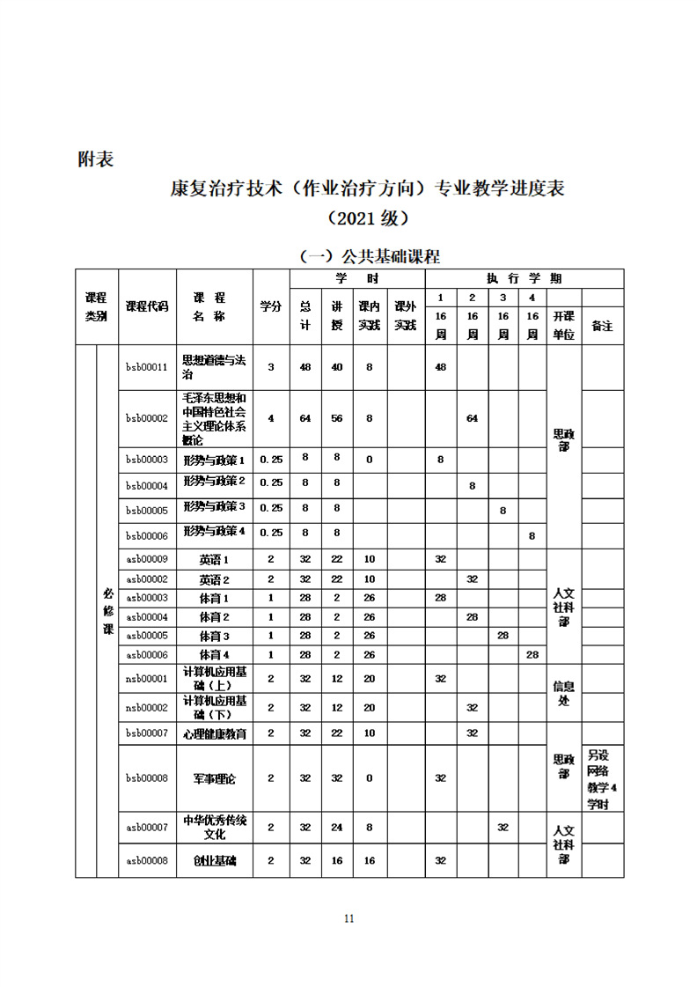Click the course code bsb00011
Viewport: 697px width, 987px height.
click(x=147, y=367)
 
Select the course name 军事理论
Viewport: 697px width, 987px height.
click(x=215, y=778)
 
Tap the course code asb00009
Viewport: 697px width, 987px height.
click(x=147, y=559)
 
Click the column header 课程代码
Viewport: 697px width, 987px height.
click(x=147, y=306)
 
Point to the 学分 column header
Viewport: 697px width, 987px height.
click(x=270, y=306)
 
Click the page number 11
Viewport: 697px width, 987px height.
click(x=348, y=918)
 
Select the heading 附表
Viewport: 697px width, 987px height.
click(x=95, y=160)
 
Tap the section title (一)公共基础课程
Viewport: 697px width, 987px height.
click(x=370, y=257)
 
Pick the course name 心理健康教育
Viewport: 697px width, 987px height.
click(x=215, y=733)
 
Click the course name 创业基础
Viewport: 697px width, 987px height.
click(x=215, y=860)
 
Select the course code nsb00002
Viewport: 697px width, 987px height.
click(x=147, y=708)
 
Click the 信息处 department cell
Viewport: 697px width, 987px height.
click(x=563, y=694)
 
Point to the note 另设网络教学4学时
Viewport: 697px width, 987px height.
click(x=603, y=779)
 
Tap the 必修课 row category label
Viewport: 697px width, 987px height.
click(x=108, y=612)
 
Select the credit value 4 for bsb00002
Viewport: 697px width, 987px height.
click(x=270, y=418)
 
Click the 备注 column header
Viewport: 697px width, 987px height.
click(x=602, y=326)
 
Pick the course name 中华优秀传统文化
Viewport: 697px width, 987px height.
click(x=215, y=828)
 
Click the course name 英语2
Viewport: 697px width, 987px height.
click(x=215, y=579)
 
